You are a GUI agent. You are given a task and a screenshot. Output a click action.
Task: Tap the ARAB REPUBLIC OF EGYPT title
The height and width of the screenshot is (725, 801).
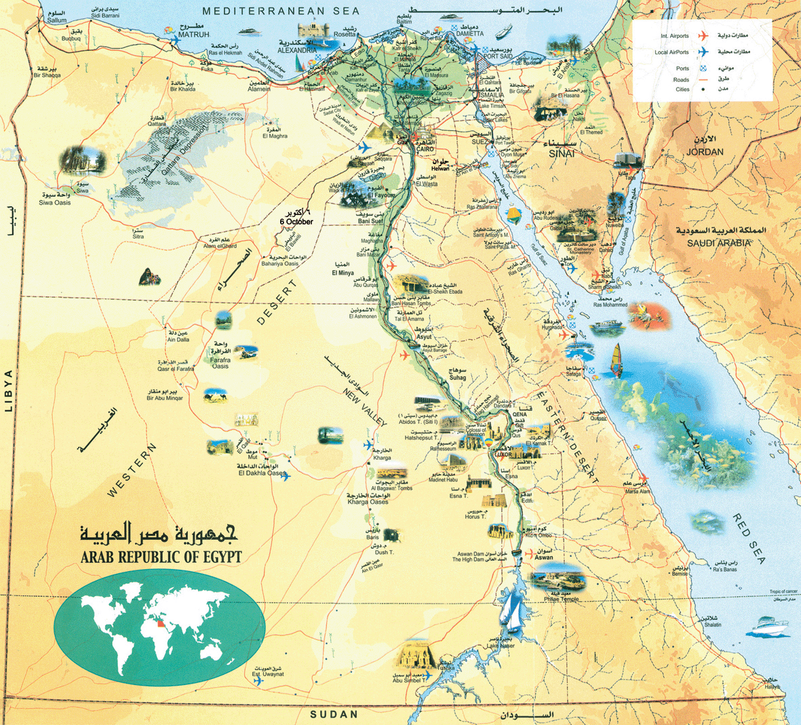tap(161, 557)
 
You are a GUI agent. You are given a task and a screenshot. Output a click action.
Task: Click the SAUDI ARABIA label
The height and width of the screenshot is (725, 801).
tap(718, 243)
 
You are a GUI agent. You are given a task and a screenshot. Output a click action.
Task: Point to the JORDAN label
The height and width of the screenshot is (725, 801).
tap(705, 152)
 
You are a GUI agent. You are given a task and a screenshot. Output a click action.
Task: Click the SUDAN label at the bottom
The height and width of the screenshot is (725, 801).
tap(333, 715)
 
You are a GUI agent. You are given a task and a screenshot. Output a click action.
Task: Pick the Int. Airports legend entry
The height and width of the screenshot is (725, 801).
tap(675, 35)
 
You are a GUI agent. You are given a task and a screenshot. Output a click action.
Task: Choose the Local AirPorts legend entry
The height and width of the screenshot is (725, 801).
tap(672, 52)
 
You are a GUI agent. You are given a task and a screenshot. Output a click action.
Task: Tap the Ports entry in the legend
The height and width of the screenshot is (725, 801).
tap(682, 68)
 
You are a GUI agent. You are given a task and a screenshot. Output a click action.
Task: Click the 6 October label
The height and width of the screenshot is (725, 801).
tap(296, 222)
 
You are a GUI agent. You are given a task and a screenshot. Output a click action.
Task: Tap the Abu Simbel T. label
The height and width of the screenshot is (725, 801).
tap(405, 682)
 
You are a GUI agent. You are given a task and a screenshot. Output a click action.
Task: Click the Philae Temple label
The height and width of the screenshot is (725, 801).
tap(561, 599)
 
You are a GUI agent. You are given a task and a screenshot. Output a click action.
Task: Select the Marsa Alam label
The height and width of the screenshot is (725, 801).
tap(638, 491)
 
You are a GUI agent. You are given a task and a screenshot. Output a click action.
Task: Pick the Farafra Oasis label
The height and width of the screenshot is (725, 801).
tap(220, 366)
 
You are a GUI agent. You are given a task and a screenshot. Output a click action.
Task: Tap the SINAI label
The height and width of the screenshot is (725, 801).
tap(563, 154)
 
